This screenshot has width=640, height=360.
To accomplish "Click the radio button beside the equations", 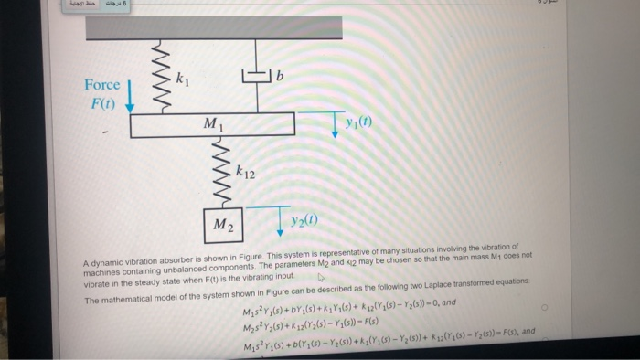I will tap(544, 310).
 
